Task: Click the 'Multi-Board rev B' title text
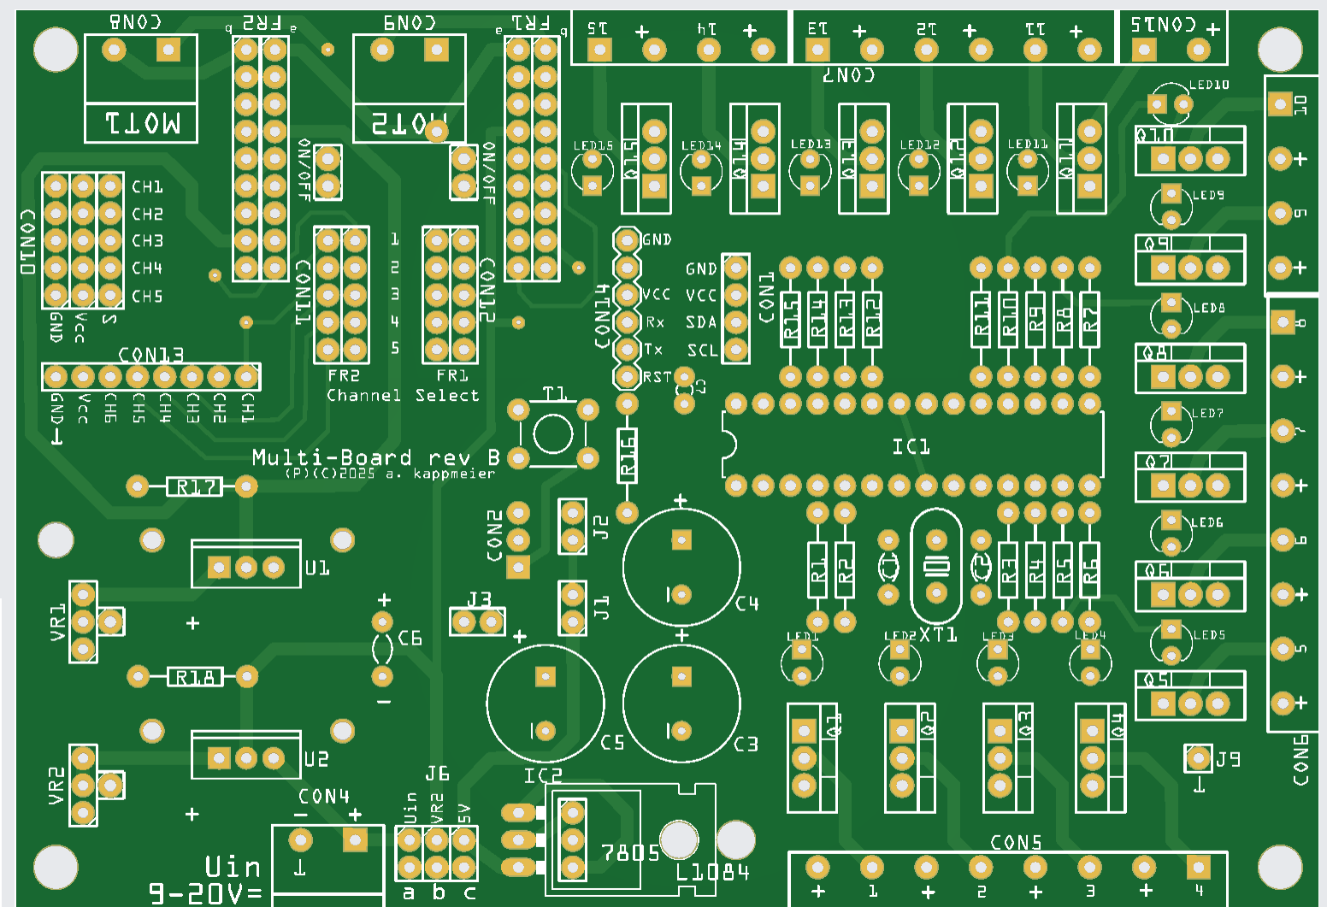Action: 375,457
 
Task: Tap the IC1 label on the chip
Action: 911,447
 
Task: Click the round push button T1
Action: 552,433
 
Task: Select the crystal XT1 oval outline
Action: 937,565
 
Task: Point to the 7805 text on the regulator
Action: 630,853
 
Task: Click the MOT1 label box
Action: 142,123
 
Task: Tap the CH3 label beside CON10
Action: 147,241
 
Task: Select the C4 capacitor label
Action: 746,604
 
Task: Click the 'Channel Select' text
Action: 403,396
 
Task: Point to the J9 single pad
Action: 1198,757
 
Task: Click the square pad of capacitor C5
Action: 545,677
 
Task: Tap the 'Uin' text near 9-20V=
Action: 233,866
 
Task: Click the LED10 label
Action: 1209,85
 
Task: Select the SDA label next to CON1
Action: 701,322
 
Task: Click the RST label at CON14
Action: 657,377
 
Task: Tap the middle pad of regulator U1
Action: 246,567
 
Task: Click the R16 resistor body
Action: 628,456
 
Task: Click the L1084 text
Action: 712,872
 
